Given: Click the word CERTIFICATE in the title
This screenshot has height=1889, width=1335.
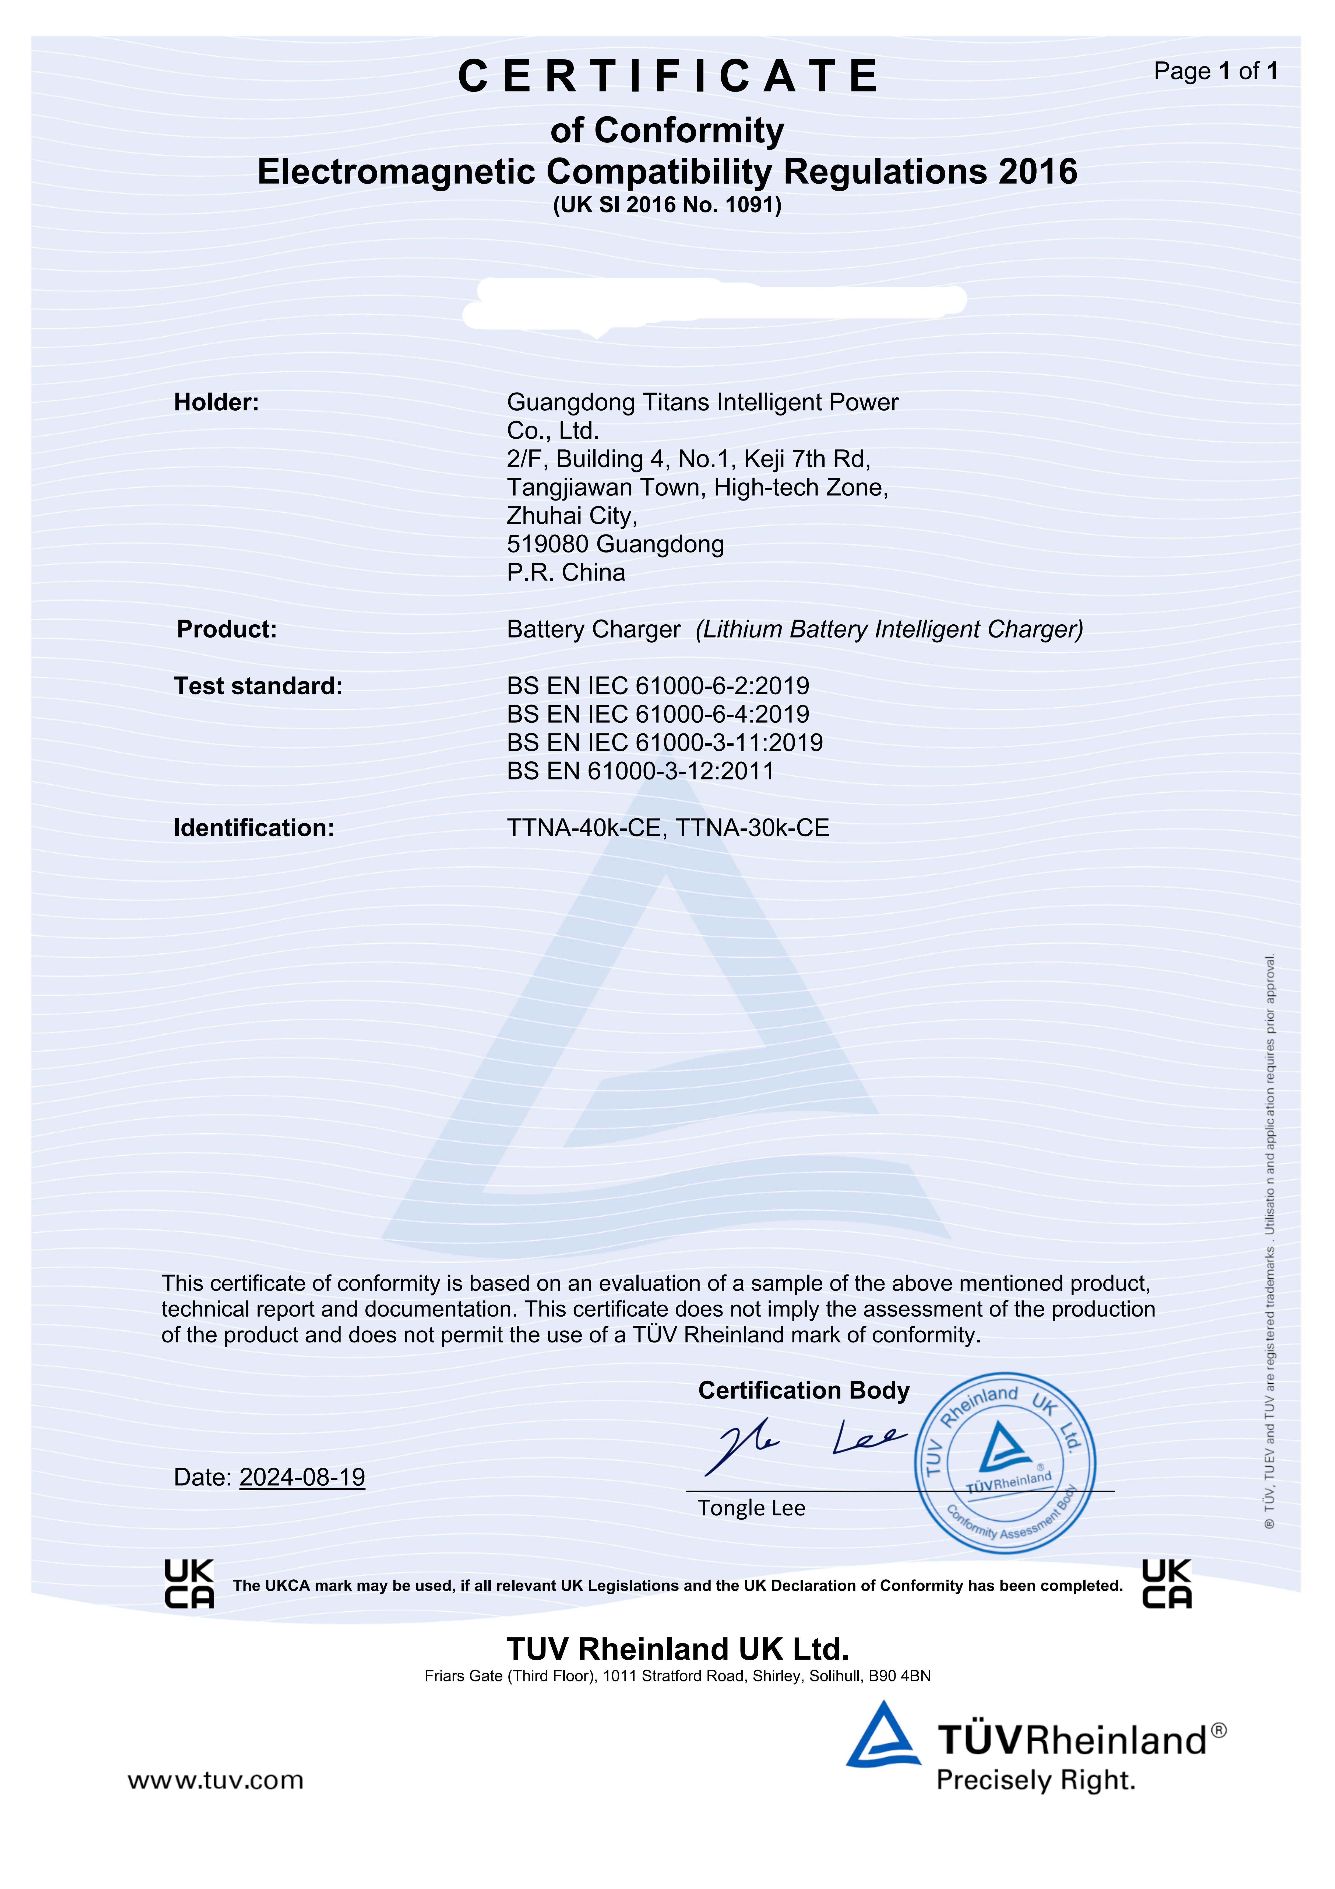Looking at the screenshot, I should click(668, 76).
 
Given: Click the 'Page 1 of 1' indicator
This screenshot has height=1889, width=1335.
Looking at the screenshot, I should click(1215, 72).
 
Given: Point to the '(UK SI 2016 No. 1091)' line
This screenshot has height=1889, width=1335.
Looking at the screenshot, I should click(667, 205).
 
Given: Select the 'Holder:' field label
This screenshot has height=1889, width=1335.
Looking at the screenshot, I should click(216, 402).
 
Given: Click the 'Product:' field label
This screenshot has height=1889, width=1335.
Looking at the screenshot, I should click(227, 629).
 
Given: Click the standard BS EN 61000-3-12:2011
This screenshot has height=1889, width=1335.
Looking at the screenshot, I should click(640, 771).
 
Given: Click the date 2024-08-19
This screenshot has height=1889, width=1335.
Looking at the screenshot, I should click(302, 1477).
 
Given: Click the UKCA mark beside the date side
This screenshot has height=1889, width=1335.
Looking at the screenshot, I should click(189, 1584).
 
